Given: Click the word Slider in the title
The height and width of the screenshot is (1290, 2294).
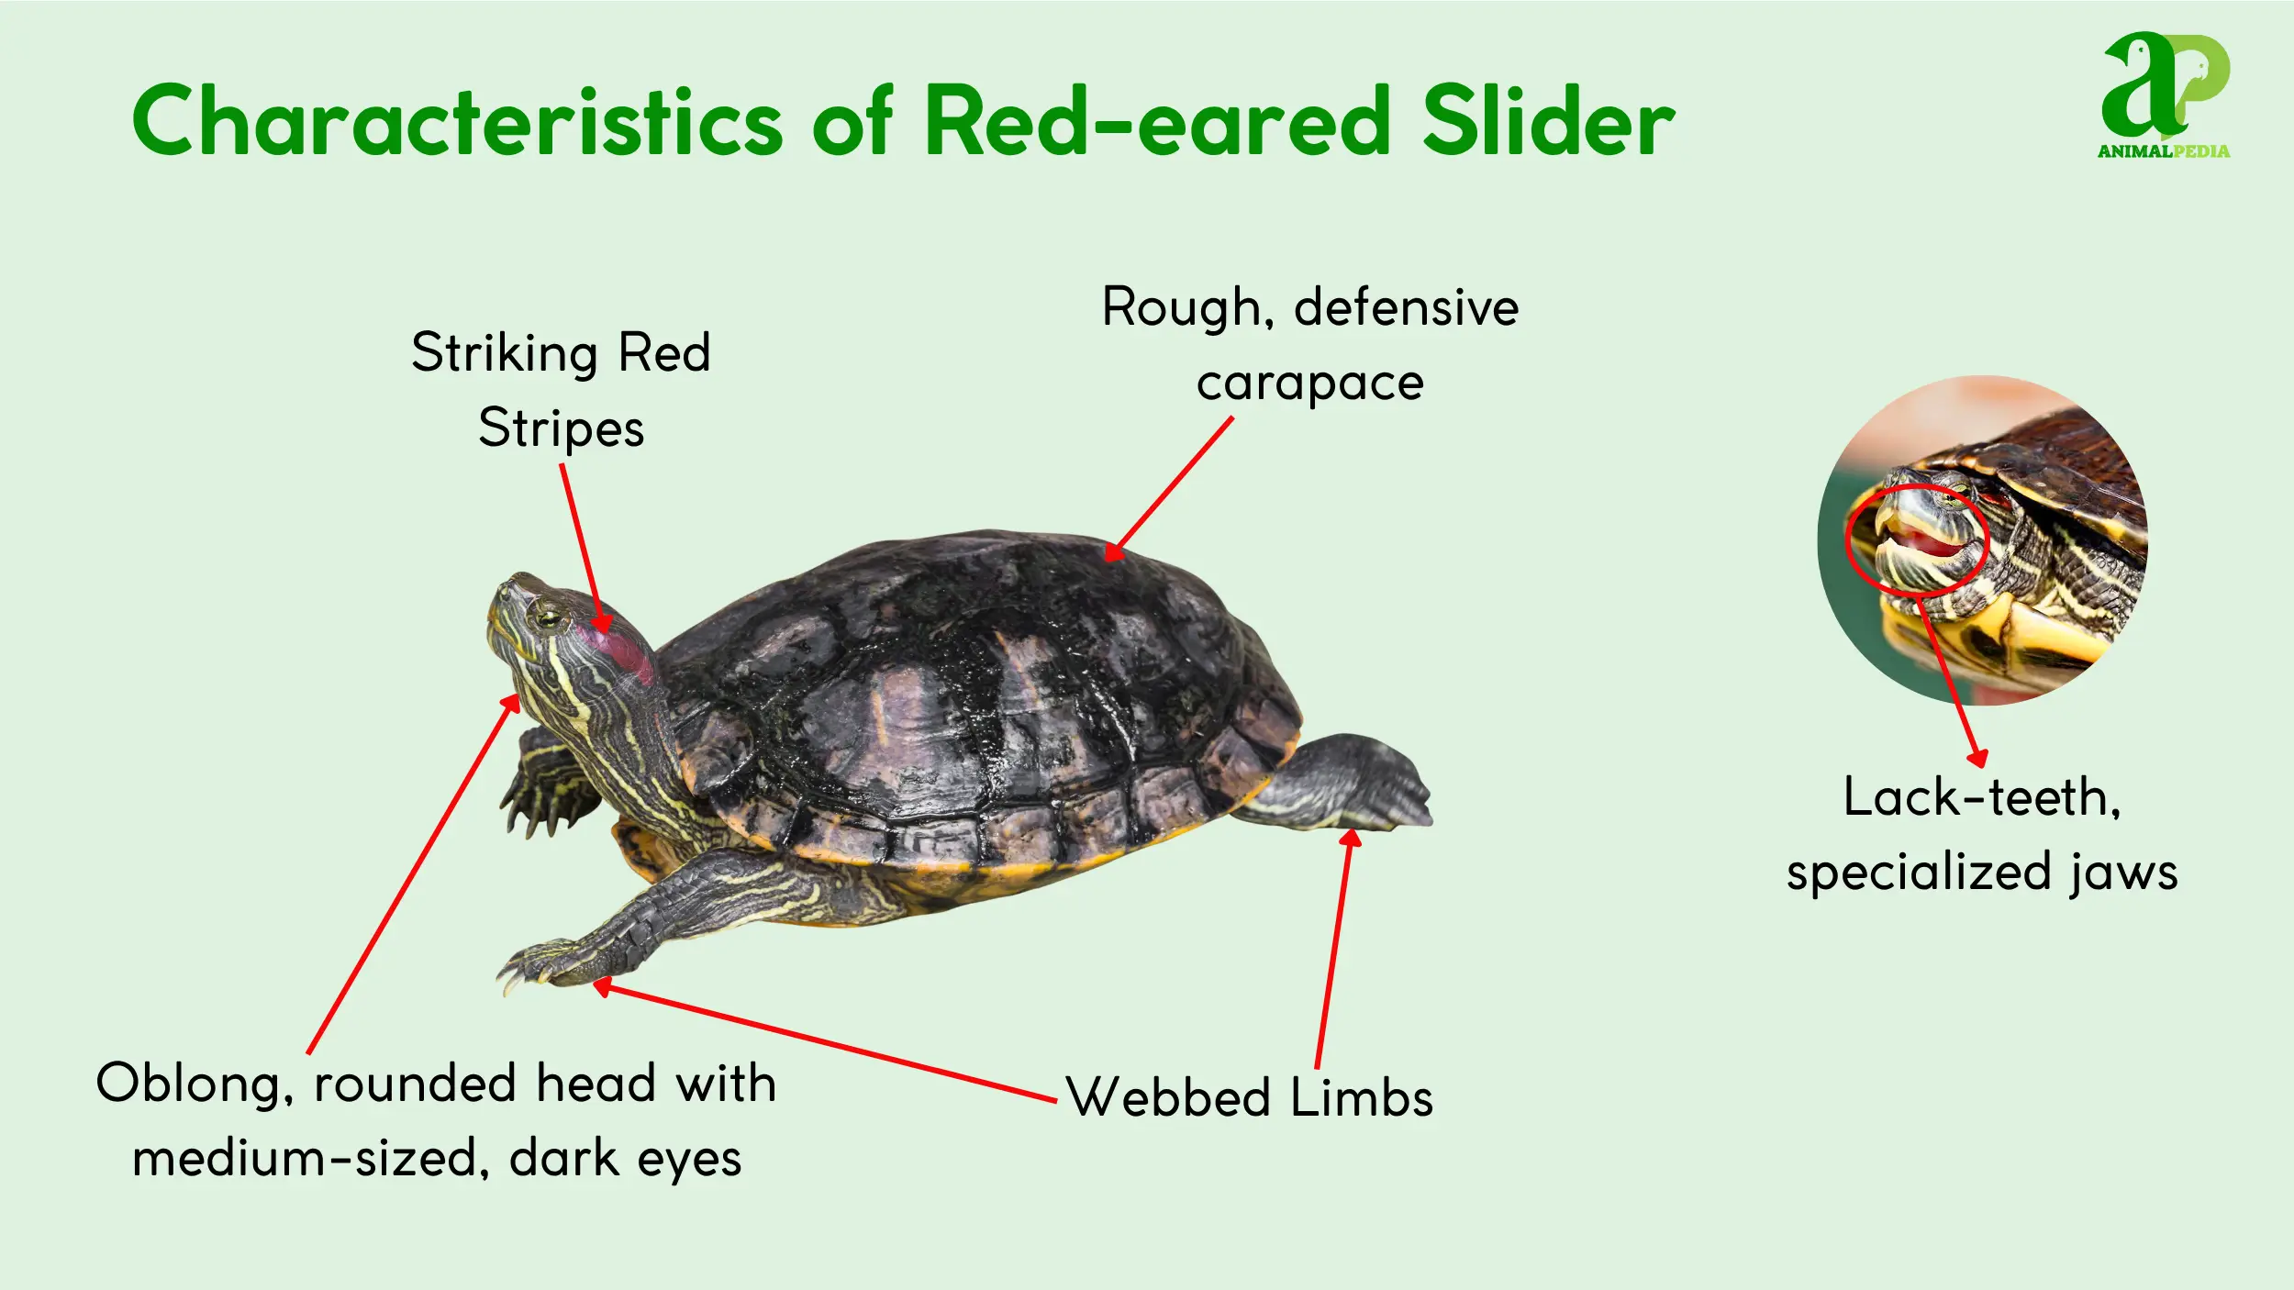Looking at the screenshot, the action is coord(1549,121).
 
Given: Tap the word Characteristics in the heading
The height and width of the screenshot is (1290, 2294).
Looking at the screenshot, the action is coord(457,121).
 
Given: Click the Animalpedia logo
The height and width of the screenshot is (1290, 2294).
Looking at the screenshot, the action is coord(2166,96).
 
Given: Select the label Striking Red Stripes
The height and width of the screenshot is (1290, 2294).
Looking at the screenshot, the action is coord(561,390).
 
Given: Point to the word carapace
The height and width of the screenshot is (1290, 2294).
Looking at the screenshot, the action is coord(1309,383).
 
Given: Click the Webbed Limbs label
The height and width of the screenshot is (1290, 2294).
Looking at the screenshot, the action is coord(1249,1096).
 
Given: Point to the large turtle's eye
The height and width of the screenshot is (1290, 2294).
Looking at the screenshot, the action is coord(549,615).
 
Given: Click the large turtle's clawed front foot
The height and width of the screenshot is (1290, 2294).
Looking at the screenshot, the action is coord(551,962).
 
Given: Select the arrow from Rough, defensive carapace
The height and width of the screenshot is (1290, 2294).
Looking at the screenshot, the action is coord(1168,489).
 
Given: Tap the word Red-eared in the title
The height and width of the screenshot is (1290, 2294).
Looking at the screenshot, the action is coord(1159,121).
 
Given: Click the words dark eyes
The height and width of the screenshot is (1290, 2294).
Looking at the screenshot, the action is coord(625,1158).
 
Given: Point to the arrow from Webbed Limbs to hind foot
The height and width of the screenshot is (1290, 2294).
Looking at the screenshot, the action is coord(1335,948).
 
